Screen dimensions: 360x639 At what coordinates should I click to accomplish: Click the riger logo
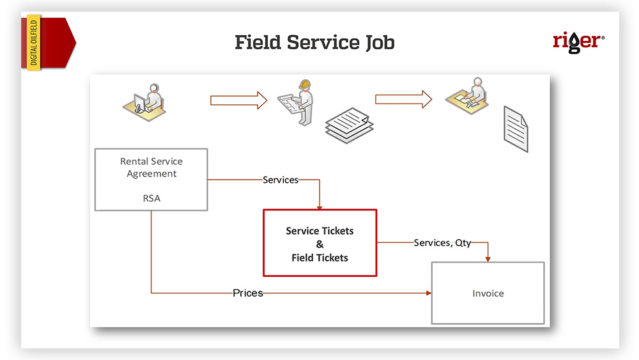[x=578, y=42]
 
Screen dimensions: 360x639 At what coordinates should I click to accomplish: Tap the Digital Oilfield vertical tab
[x=34, y=43]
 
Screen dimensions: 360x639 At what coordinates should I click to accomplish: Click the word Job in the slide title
[x=376, y=43]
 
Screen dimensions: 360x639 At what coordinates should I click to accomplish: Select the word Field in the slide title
[x=258, y=43]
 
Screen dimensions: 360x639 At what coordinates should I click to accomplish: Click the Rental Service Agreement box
[x=151, y=179]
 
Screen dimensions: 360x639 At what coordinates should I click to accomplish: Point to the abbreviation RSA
[x=151, y=198]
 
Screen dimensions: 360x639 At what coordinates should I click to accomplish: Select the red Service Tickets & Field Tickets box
[x=319, y=242]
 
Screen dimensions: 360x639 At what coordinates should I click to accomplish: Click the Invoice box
[x=488, y=293]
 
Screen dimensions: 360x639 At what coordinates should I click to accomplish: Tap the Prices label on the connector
[x=248, y=293]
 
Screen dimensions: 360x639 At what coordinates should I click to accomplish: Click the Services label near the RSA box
[x=281, y=180]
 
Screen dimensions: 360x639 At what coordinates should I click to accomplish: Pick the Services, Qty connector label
[x=442, y=243]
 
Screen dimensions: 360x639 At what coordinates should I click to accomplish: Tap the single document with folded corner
[x=516, y=128]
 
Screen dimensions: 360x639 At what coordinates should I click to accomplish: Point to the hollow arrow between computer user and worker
[x=238, y=100]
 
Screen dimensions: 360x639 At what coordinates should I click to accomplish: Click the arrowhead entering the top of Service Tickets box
[x=319, y=206]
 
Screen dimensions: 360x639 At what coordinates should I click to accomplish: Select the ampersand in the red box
[x=319, y=244]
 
